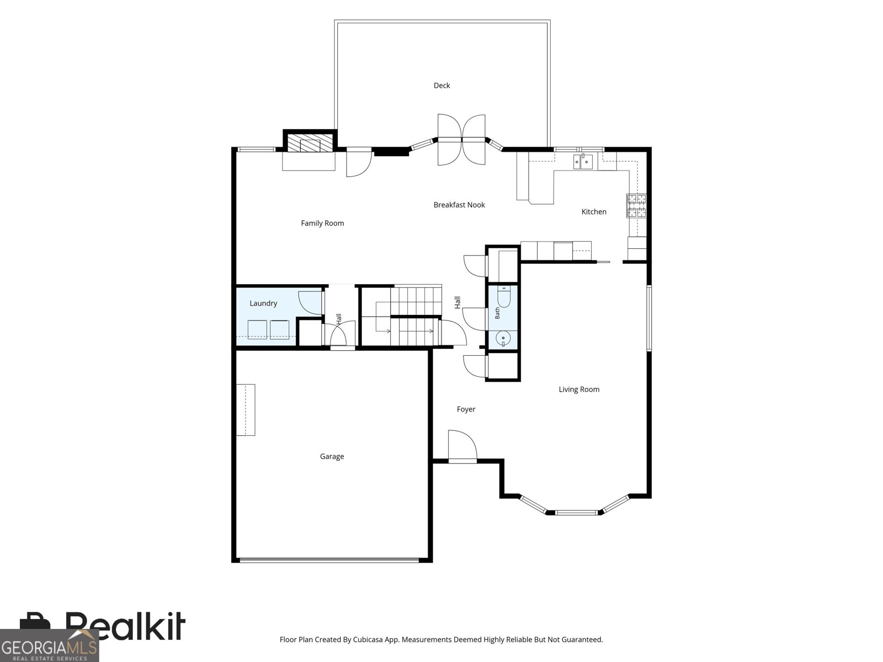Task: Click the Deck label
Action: [x=441, y=86]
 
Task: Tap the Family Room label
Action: [x=322, y=223]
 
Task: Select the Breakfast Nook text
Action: [x=459, y=205]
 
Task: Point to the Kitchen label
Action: [x=593, y=212]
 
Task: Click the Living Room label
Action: [x=578, y=389]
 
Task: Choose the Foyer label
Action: [x=466, y=409]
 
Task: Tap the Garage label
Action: [x=332, y=457]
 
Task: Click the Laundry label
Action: [x=263, y=303]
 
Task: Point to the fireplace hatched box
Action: [x=310, y=143]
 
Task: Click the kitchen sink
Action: [x=583, y=162]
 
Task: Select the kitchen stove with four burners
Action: [x=636, y=206]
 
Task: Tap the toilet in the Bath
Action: [x=504, y=297]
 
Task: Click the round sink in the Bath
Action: [x=503, y=338]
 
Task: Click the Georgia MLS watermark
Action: [x=50, y=645]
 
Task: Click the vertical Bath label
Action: [x=497, y=313]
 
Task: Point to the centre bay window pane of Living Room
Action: [x=576, y=512]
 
